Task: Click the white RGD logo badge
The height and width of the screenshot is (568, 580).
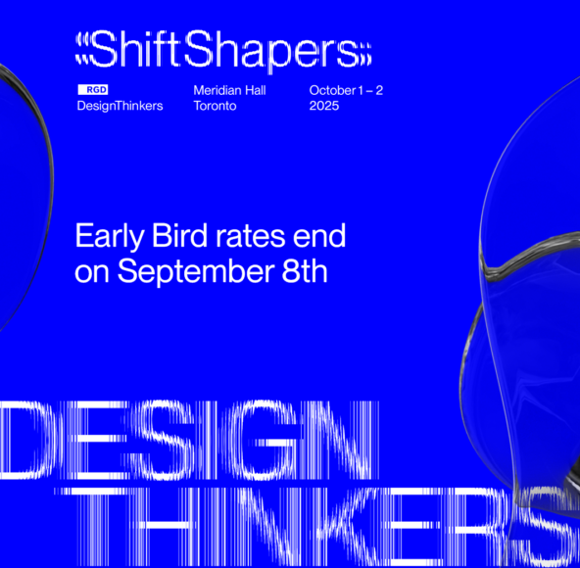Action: point(92,90)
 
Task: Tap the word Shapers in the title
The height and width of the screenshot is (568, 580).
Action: point(271,51)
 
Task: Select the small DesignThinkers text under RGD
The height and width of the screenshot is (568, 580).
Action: point(120,106)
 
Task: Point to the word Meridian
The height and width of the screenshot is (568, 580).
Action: point(217,90)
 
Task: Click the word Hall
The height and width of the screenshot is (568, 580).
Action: point(256,90)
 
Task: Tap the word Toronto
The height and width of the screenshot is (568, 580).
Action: point(215,106)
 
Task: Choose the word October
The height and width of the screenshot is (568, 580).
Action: point(332,90)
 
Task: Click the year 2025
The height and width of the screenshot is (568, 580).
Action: point(324,106)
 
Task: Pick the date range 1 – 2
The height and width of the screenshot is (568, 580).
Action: point(370,90)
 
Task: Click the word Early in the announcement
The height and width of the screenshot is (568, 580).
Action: point(110,237)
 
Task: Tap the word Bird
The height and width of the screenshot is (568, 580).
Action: point(179,235)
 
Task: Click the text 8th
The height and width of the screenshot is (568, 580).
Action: point(305,271)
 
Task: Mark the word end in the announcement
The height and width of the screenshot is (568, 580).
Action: point(319,235)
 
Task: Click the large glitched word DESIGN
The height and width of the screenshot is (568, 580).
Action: point(189,441)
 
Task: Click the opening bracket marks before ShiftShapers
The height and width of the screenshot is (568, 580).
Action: point(82,49)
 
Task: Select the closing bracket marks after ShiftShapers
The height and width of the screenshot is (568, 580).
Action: point(365,55)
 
